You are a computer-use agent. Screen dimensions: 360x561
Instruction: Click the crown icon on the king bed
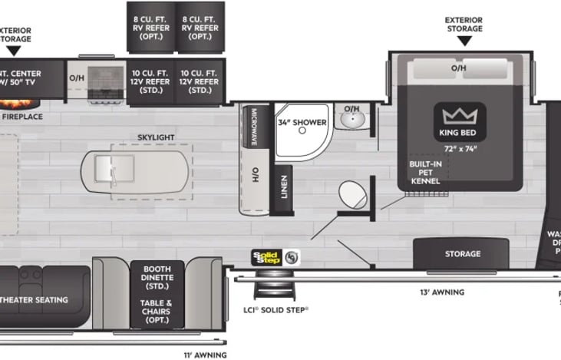(x=459, y=117)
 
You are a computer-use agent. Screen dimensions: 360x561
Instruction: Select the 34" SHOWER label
(x=302, y=123)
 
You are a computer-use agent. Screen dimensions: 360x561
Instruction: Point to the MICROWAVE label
(x=253, y=127)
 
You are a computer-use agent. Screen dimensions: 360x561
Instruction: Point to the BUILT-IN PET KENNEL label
(x=424, y=173)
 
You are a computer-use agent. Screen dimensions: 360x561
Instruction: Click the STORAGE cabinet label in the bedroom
(x=463, y=253)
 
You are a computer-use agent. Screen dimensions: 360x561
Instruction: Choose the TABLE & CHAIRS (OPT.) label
(x=157, y=312)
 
